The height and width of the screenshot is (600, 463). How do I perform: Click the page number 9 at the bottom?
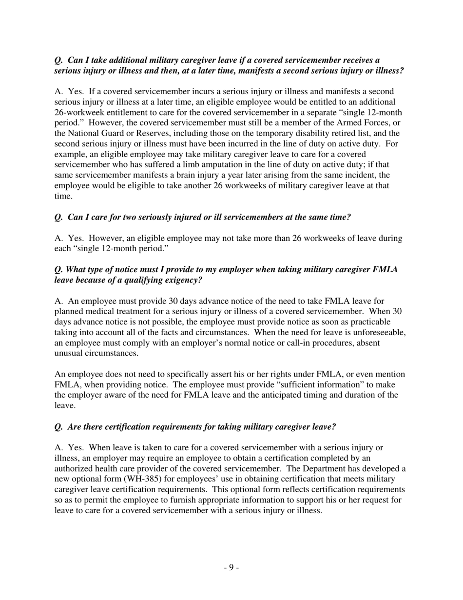coord(231,567)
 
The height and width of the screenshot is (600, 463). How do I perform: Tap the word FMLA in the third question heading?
coord(387,269)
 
